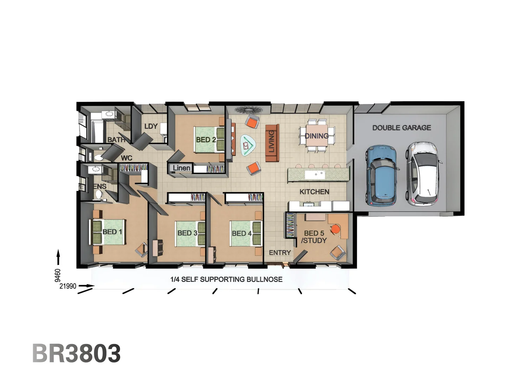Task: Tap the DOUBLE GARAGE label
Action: point(401,128)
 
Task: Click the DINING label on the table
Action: point(316,136)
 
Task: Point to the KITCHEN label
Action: point(314,192)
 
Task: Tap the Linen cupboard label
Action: point(181,168)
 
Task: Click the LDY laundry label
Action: point(151,126)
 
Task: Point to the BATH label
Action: point(116,140)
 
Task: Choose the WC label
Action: point(126,158)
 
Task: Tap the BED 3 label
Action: point(187,233)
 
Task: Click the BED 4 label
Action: point(242,233)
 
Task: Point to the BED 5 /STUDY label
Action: point(314,237)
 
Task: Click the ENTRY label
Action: point(280,253)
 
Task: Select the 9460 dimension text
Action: point(58,276)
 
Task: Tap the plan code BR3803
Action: point(77,353)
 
